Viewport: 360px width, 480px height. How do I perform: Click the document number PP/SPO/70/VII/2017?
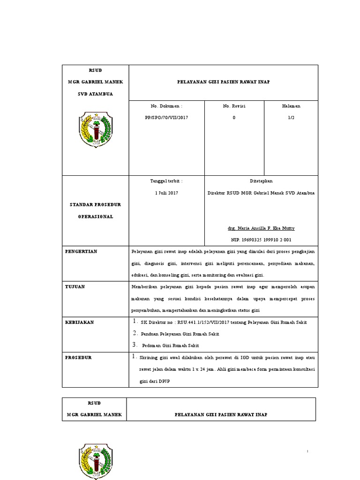tap(166, 118)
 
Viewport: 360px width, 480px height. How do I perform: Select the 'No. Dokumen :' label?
tap(166, 106)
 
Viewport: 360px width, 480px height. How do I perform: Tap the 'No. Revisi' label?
tap(234, 106)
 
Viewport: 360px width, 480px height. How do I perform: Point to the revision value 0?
tap(234, 118)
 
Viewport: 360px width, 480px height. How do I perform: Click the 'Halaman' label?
tap(291, 106)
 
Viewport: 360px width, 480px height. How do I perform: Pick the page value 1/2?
tap(291, 118)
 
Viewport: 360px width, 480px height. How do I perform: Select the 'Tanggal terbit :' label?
tap(166, 181)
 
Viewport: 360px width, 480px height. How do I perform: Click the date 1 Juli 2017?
tap(166, 193)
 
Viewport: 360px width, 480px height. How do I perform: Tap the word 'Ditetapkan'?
tap(261, 181)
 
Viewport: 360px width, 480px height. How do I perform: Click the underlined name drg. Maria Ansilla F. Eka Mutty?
tap(261, 228)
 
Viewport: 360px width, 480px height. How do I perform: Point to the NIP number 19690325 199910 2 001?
tap(261, 240)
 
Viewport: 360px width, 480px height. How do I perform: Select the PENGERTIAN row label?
tap(81, 252)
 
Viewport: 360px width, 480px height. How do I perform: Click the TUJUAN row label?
tap(75, 287)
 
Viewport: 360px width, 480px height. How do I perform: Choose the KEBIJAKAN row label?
tap(79, 322)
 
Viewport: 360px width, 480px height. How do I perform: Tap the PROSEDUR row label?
tap(78, 358)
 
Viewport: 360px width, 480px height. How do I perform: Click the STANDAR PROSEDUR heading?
tap(96, 205)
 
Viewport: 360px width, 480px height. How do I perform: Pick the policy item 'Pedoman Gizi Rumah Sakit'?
tap(171, 345)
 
